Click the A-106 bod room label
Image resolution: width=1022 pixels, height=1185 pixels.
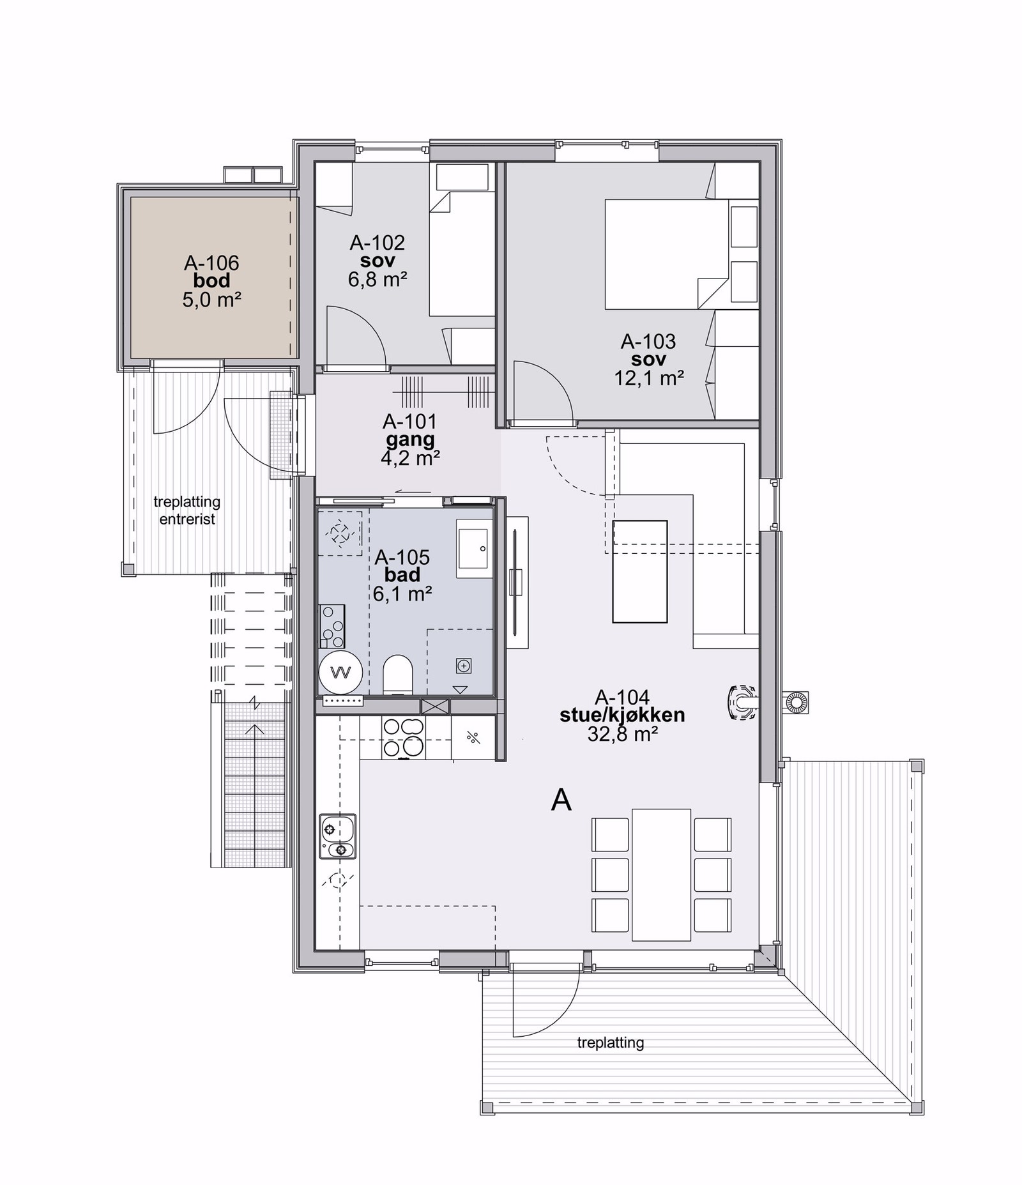[211, 271]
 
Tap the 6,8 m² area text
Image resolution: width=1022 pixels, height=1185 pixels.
[378, 279]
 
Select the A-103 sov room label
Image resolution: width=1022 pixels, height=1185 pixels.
[648, 350]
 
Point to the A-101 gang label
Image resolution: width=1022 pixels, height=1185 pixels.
[409, 431]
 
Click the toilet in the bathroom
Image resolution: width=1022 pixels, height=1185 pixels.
[398, 674]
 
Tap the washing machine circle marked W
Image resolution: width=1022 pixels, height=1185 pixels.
[341, 673]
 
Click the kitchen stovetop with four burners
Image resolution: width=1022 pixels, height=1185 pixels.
[403, 738]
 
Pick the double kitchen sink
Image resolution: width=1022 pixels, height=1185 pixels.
[337, 836]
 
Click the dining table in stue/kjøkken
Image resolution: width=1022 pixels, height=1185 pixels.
[661, 875]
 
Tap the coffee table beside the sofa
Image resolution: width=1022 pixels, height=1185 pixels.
[639, 571]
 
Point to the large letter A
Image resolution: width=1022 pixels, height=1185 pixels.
[561, 800]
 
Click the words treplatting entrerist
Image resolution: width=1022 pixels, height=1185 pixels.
[187, 510]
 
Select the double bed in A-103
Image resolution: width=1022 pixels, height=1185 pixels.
[666, 254]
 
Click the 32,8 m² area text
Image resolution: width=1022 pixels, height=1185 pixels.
[623, 734]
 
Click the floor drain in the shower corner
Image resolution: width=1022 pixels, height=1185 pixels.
[464, 666]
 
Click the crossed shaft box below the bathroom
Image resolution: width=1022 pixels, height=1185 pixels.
[435, 707]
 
